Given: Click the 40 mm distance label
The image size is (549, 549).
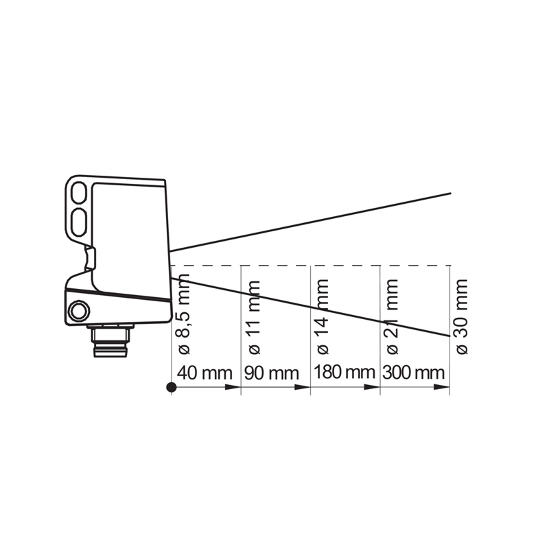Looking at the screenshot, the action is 205,373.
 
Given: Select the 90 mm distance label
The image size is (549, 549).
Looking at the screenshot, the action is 271,373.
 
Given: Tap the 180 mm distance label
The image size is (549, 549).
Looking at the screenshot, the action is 344,372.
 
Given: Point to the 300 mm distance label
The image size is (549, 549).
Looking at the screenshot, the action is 414,372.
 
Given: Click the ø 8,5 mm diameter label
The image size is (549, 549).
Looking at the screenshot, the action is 183,314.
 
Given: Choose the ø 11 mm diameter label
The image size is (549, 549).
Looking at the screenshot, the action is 254,318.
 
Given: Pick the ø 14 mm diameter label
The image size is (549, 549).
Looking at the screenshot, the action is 322,317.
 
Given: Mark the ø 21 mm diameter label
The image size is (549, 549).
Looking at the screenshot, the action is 392,317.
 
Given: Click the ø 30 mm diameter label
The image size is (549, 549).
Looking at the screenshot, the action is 461,317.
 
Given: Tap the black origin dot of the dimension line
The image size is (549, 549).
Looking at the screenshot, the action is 172,387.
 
